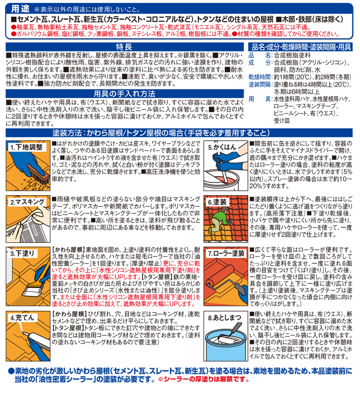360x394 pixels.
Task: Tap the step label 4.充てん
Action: pos(21,317)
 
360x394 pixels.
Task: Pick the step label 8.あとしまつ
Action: pos(223,317)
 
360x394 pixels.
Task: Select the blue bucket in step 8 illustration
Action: pos(225,345)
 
